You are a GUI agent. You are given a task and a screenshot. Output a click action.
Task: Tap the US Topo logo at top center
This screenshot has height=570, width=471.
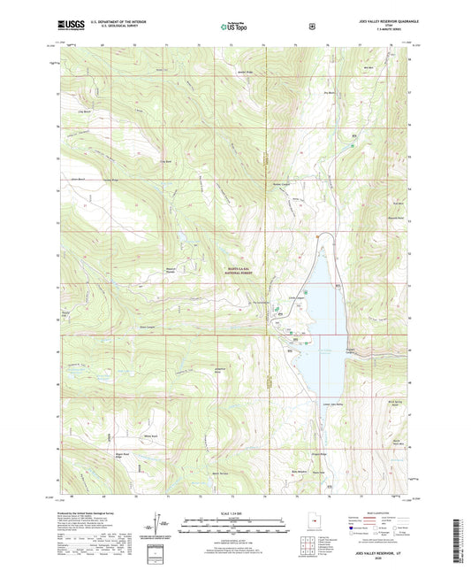pos(235,27)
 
